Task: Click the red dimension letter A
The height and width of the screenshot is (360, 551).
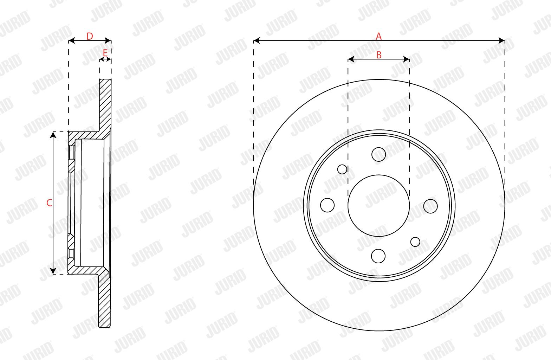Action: pyautogui.click(x=379, y=36)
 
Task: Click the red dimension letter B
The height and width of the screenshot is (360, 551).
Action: pyautogui.click(x=379, y=55)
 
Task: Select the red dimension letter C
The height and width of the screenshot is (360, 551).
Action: pyautogui.click(x=49, y=203)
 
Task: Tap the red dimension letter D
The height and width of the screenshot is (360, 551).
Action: pyautogui.click(x=90, y=36)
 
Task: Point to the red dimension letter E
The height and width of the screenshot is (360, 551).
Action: pyautogui.click(x=105, y=53)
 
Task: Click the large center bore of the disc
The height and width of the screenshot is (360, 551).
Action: pyautogui.click(x=379, y=206)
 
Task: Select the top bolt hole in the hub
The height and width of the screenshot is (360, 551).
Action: pyautogui.click(x=379, y=155)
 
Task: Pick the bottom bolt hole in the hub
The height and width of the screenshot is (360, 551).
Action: pyautogui.click(x=378, y=256)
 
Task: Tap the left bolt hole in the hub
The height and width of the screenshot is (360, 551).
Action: pyautogui.click(x=328, y=205)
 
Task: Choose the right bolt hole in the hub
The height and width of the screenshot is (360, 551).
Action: pyautogui.click(x=430, y=206)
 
